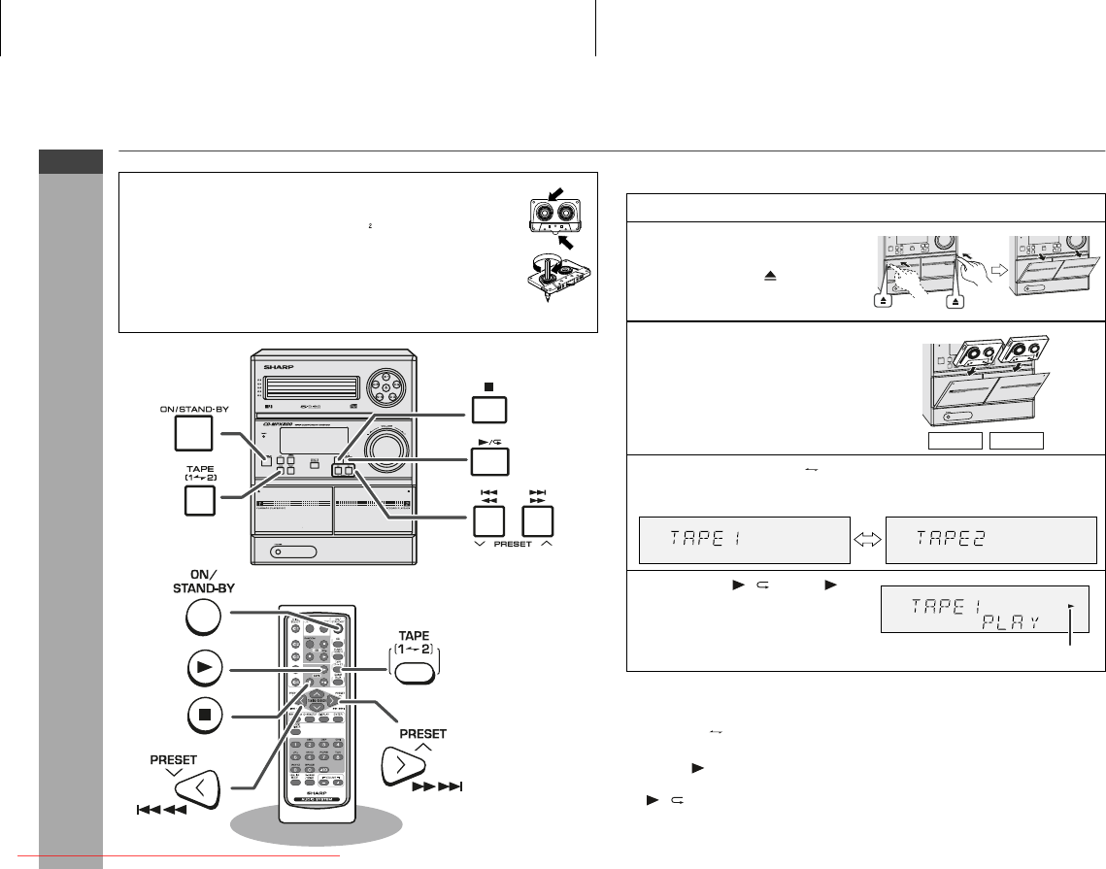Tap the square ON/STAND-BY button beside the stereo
pyautogui.click(x=193, y=436)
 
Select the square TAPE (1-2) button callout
pyautogui.click(x=193, y=499)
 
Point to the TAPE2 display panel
pyautogui.click(x=991, y=538)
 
